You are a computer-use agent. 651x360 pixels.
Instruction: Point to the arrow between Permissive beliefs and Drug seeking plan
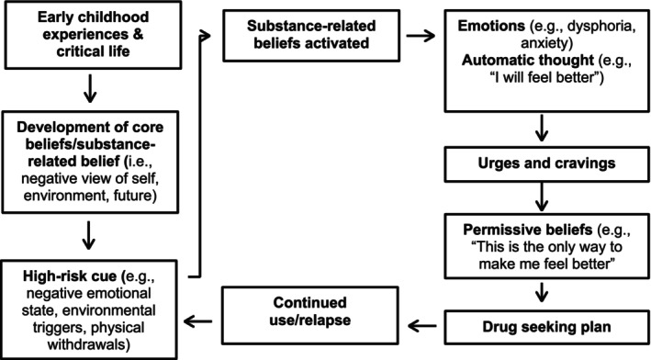[x=541, y=287]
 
